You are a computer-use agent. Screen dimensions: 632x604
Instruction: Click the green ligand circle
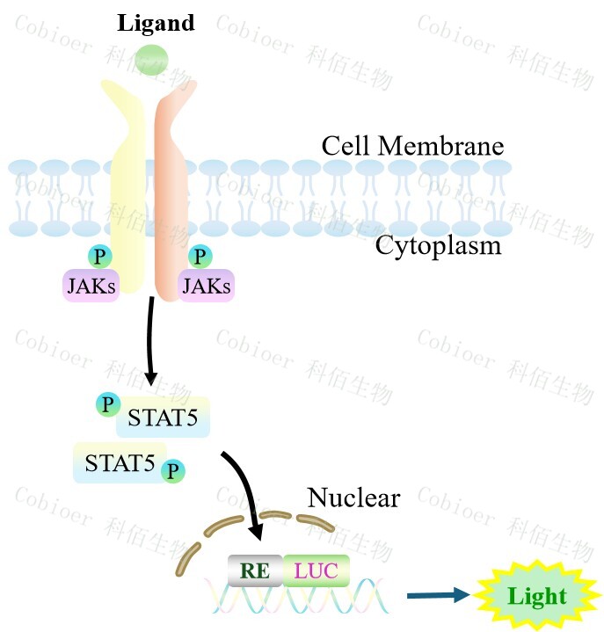(152, 59)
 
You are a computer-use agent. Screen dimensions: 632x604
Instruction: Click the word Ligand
(156, 24)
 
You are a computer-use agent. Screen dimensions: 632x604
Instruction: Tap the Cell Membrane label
(412, 145)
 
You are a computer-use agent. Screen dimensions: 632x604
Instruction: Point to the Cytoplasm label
(438, 244)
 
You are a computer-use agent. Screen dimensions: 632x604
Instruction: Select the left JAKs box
(91, 285)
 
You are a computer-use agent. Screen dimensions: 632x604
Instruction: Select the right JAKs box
(207, 285)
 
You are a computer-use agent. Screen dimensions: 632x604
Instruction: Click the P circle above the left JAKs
(100, 256)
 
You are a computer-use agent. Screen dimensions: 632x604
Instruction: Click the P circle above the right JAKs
(201, 256)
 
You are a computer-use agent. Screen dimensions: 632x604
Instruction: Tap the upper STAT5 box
(164, 418)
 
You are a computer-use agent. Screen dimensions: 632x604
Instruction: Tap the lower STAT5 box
(120, 461)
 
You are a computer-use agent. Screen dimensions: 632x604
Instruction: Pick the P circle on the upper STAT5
(108, 404)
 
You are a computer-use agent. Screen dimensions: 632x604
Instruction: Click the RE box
(255, 570)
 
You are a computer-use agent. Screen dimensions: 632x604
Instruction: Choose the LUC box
(316, 570)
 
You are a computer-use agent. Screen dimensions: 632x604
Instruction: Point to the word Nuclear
(353, 498)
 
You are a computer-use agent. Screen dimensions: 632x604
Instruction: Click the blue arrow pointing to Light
(439, 595)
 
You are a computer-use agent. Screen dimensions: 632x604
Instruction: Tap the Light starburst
(536, 597)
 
